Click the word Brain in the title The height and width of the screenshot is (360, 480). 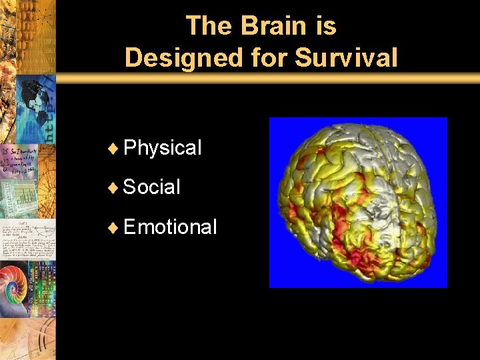[x=273, y=26]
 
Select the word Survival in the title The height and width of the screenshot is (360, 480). [x=346, y=58]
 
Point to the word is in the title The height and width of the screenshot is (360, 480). [x=325, y=26]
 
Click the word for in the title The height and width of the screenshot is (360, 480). [x=272, y=58]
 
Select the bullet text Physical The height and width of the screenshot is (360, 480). [x=162, y=147]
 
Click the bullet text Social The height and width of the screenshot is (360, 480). [x=151, y=187]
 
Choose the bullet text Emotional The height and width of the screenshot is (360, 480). [x=170, y=227]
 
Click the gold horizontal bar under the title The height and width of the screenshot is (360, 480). [x=267, y=78]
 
